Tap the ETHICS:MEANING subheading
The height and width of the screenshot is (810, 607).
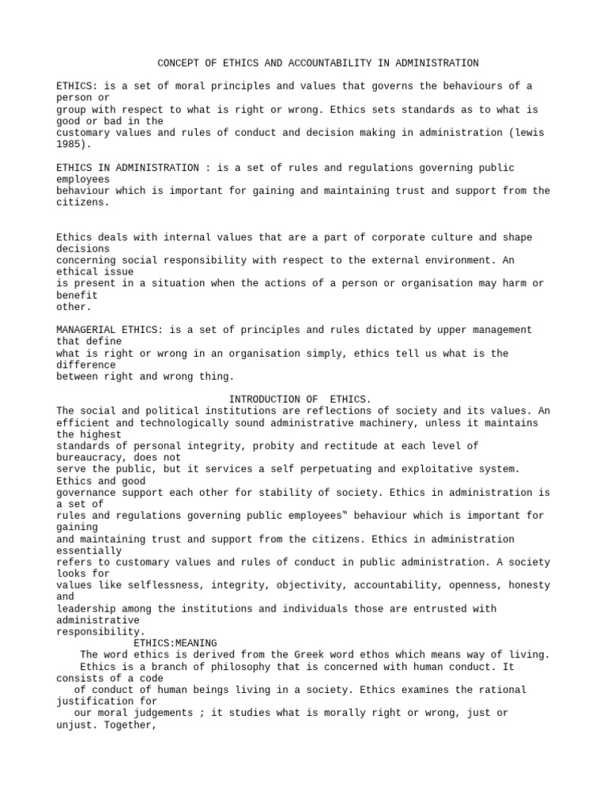[175, 642]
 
